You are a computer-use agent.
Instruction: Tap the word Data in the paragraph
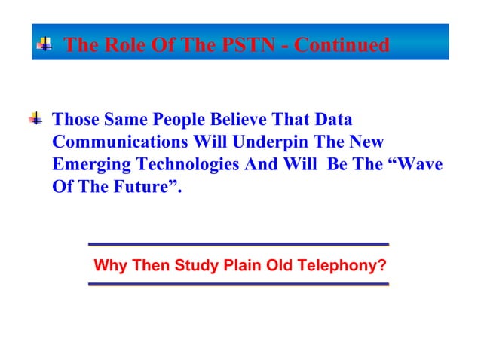coord(334,121)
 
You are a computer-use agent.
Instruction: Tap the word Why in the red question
coord(109,265)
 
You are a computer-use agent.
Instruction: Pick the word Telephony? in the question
coord(344,265)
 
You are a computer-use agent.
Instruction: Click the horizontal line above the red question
coord(237,244)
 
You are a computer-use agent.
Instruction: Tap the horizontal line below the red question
coord(237,284)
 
